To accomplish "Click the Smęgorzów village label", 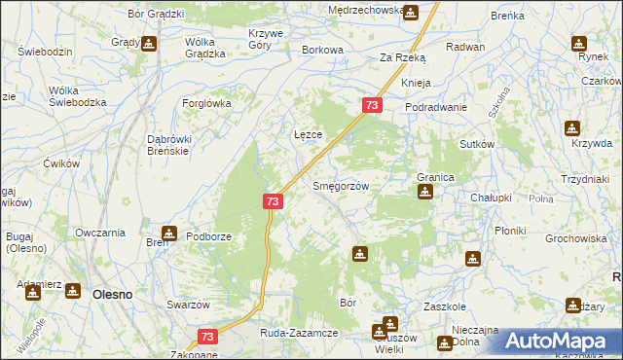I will coord(340,186).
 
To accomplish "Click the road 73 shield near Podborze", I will coord(273,201).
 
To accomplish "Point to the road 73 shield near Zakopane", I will coord(206,337).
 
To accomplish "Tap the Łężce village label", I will coord(308,133).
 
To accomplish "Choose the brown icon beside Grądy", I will coord(148,43).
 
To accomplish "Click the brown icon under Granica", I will coord(424,192).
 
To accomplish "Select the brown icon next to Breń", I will coord(168,233).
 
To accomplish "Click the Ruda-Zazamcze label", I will coord(299,333).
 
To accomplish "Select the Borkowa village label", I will coord(323,50).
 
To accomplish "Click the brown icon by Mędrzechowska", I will coord(410,13).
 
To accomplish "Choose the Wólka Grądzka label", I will coord(204,49).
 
